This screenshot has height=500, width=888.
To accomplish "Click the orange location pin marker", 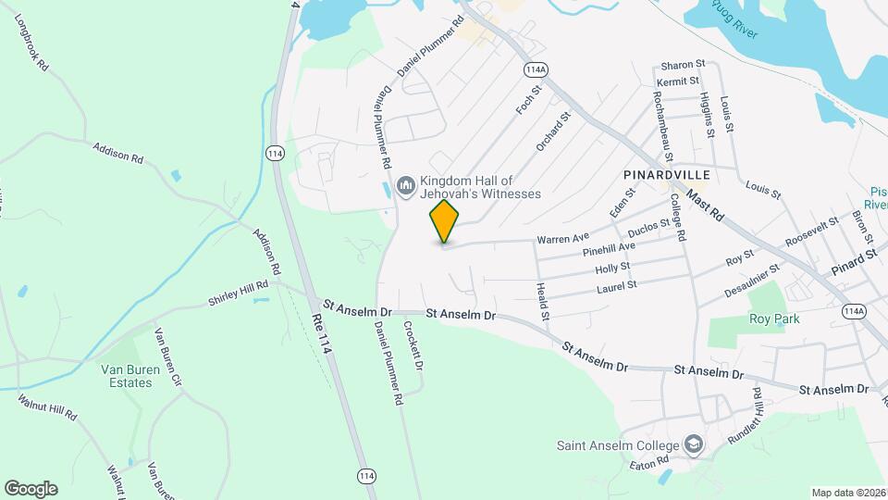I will coord(444,221).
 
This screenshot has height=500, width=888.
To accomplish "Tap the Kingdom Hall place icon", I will coord(405,187).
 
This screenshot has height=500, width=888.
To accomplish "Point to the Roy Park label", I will coord(773,319).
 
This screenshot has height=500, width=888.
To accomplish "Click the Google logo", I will coord(31,488).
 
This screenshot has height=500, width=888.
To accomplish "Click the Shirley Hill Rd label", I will coord(238,293).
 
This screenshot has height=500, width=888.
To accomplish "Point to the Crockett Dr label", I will coord(413,346).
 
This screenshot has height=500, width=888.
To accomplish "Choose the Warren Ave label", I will coord(562,239).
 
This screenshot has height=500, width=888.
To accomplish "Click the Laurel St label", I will coord(618,285).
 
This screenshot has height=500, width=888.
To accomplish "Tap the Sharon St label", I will coord(684,65).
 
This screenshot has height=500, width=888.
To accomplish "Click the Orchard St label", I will coord(554,131).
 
